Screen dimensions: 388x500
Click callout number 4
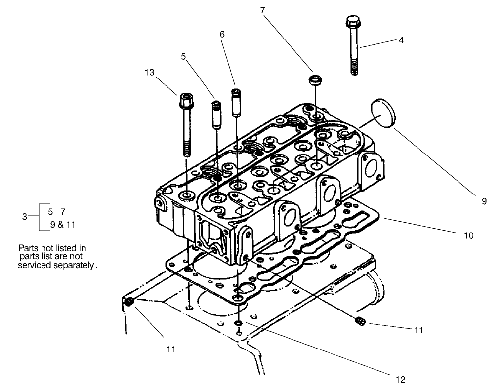[401, 40]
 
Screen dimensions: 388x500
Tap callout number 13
[150, 73]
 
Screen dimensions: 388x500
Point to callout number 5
[184, 57]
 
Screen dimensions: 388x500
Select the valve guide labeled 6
[236, 102]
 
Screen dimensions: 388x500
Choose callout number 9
[485, 201]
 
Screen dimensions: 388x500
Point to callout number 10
[469, 236]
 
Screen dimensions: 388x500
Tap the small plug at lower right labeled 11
[360, 322]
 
